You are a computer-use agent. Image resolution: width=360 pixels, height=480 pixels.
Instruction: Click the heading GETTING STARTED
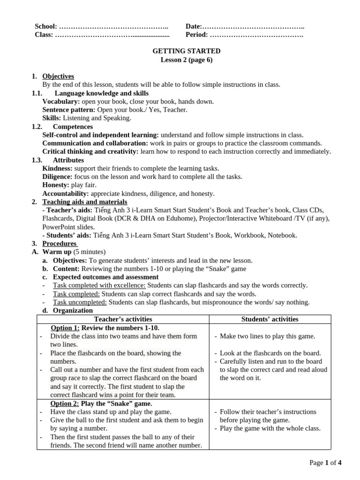click(x=187, y=51)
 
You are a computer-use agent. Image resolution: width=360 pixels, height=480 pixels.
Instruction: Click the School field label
click(x=46, y=27)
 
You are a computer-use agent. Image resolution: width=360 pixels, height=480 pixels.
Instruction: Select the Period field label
click(x=196, y=35)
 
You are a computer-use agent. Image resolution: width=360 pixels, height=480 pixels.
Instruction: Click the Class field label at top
click(x=44, y=35)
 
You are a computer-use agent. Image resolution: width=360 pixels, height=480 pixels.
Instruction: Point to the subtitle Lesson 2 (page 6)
click(x=187, y=60)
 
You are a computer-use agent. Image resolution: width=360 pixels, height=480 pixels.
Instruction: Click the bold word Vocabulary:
click(x=61, y=101)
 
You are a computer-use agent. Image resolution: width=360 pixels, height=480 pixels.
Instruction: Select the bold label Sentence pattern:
click(x=69, y=110)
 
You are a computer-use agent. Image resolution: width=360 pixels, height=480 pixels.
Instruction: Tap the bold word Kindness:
click(x=57, y=168)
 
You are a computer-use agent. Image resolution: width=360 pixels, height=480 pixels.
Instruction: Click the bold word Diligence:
click(x=57, y=177)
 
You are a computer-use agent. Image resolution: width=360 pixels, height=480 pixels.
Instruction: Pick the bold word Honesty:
click(x=56, y=185)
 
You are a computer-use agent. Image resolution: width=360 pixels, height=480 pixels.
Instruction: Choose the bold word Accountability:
click(x=66, y=194)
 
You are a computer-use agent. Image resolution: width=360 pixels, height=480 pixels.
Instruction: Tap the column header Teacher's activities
click(x=122, y=319)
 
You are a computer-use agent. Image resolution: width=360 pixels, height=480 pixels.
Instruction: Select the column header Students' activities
click(x=270, y=319)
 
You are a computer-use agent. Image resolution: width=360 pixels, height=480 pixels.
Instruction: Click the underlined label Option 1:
click(x=65, y=328)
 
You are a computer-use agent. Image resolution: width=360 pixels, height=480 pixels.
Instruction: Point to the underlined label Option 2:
click(x=65, y=404)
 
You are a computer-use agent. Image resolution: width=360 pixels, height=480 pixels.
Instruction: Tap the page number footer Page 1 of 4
click(x=325, y=463)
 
